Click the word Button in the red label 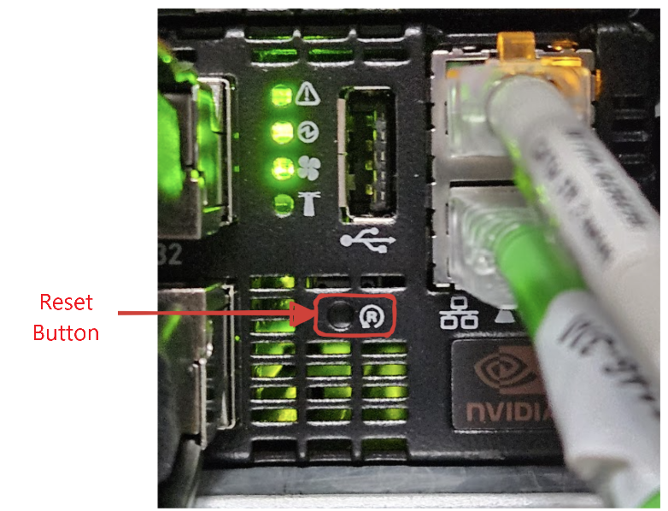[x=66, y=332]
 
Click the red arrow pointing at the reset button [x=214, y=314]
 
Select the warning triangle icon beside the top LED [x=306, y=96]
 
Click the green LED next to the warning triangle [x=278, y=96]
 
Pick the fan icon [x=306, y=168]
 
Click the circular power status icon [x=306, y=132]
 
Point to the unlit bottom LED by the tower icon [x=279, y=203]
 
